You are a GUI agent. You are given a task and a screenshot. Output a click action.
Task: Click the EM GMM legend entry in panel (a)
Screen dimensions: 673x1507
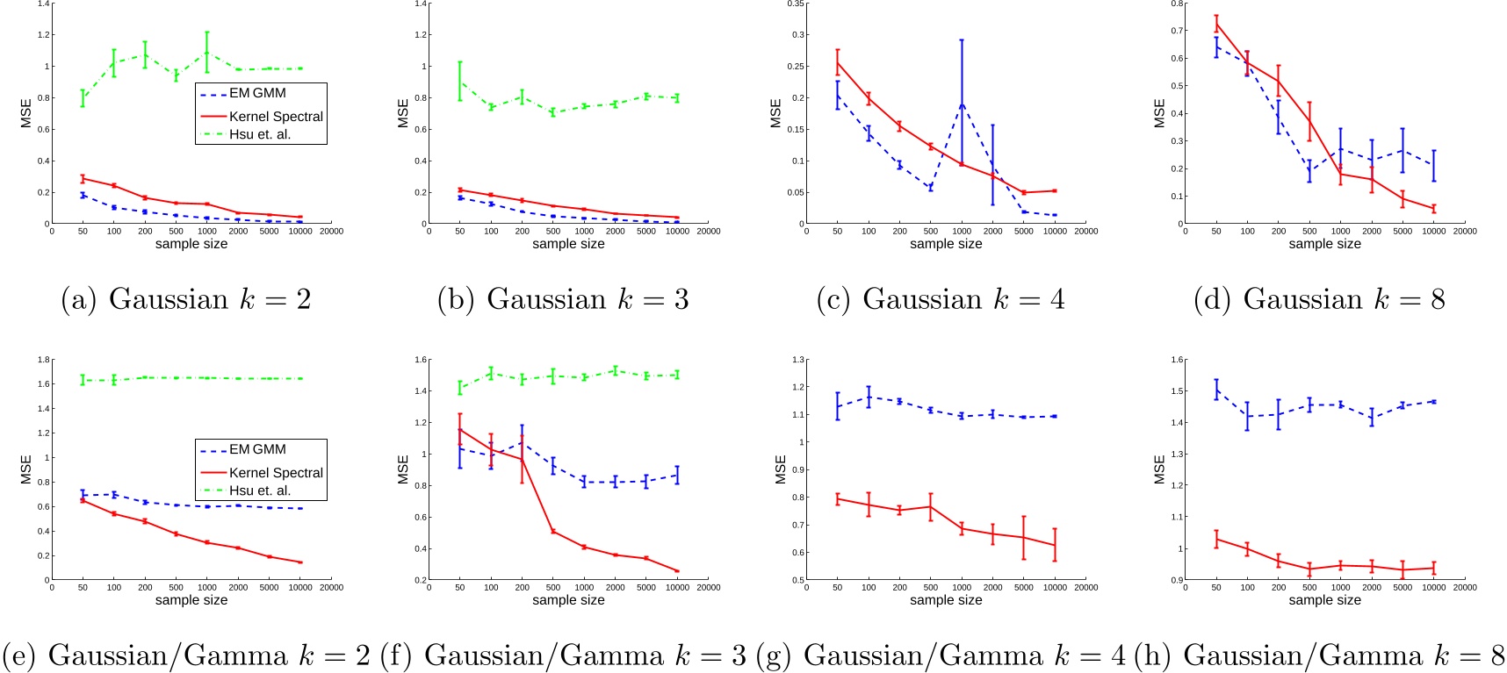pyautogui.click(x=257, y=93)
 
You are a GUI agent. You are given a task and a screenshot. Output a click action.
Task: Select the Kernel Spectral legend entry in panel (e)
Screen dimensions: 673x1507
pyautogui.click(x=276, y=472)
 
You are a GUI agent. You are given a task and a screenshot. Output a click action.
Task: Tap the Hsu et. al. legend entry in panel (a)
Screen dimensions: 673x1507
pyautogui.click(x=259, y=134)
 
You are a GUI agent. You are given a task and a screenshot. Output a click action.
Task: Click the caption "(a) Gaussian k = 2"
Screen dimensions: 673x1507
pyautogui.click(x=186, y=299)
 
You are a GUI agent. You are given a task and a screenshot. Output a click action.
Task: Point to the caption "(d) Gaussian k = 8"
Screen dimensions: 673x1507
pyautogui.click(x=1319, y=299)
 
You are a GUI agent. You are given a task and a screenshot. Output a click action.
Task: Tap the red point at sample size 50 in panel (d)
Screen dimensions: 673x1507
pyautogui.click(x=1216, y=24)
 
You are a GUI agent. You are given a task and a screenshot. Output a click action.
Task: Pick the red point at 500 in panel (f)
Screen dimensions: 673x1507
pyautogui.click(x=553, y=531)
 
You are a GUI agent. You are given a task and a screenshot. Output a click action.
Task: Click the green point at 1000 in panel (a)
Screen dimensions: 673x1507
pyautogui.click(x=207, y=54)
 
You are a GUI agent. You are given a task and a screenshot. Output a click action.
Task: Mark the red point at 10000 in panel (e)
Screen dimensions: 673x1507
pyautogui.click(x=300, y=562)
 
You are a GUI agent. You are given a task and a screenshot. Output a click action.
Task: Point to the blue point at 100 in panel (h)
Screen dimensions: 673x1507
pyautogui.click(x=1247, y=417)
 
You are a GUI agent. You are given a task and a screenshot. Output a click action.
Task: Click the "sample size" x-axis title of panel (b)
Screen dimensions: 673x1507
pyautogui.click(x=568, y=244)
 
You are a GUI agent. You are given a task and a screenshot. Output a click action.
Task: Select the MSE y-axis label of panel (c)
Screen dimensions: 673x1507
pyautogui.click(x=775, y=113)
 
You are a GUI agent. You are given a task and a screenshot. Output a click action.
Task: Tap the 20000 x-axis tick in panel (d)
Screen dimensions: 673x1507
pyautogui.click(x=1464, y=232)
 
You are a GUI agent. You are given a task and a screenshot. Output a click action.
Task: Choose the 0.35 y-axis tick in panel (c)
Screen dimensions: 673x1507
pyautogui.click(x=796, y=4)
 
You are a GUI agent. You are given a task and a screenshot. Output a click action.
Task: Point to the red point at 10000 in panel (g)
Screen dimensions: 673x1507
pyautogui.click(x=1055, y=545)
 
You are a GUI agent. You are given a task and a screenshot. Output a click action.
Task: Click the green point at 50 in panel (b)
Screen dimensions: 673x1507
pyautogui.click(x=460, y=82)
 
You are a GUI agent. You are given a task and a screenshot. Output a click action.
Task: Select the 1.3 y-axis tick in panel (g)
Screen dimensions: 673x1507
pyautogui.click(x=798, y=360)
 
